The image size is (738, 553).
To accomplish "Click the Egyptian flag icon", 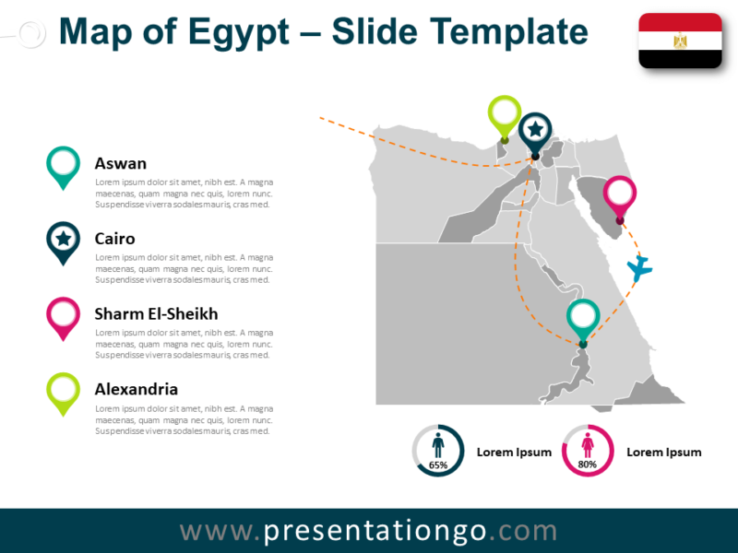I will click(x=680, y=41).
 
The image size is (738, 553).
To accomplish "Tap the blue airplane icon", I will click(x=639, y=268).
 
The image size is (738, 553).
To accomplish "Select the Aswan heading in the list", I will click(x=121, y=163).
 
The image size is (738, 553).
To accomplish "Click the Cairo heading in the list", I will click(x=115, y=239).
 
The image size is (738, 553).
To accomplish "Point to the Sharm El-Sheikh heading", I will click(x=156, y=313).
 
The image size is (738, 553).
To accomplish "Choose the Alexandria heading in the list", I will click(x=137, y=389).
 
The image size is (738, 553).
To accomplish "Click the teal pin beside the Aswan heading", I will click(x=63, y=165).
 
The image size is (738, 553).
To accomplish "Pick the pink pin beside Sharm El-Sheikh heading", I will click(x=63, y=315).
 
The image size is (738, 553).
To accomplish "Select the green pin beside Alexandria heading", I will click(x=63, y=391).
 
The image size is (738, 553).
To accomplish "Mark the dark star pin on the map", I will click(x=535, y=131).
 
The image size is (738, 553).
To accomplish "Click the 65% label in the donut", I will click(x=438, y=465).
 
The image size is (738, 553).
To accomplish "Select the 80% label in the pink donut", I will click(x=588, y=465).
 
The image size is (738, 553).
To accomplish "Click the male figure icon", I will click(x=438, y=445).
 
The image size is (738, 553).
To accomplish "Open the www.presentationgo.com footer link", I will click(x=369, y=531).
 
